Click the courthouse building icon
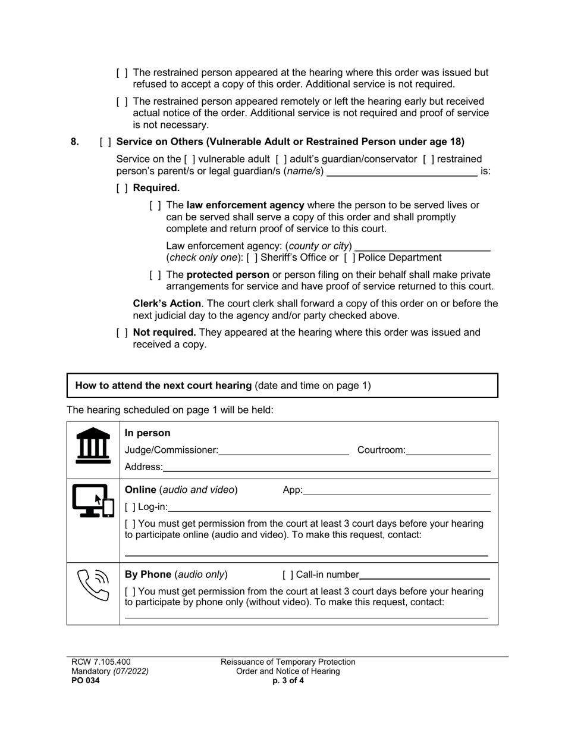[93, 446]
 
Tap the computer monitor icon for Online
[93, 501]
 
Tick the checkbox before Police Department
[349, 258]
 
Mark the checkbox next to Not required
[122, 333]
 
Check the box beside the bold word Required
[122, 188]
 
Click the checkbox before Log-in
[130, 507]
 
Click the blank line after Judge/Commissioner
[284, 451]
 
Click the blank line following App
[397, 490]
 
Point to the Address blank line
[327, 467]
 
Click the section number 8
[75, 142]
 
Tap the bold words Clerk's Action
[167, 304]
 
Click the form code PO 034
[86, 681]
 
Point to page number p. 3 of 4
[288, 681]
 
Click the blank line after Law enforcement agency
[422, 246]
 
